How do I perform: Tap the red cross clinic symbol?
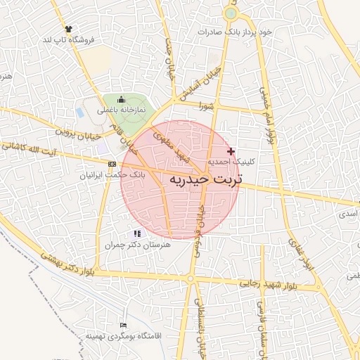231,151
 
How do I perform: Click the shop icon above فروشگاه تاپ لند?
68,29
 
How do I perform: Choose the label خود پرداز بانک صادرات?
234,32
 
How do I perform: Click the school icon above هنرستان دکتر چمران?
137,233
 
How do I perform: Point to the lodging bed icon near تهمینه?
124,326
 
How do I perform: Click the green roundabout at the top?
231,13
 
